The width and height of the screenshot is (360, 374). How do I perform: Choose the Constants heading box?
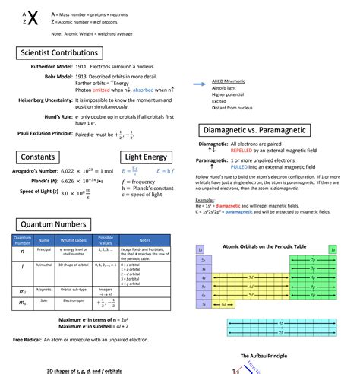click(37, 157)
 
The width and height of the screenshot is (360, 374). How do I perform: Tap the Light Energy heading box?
click(145, 157)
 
